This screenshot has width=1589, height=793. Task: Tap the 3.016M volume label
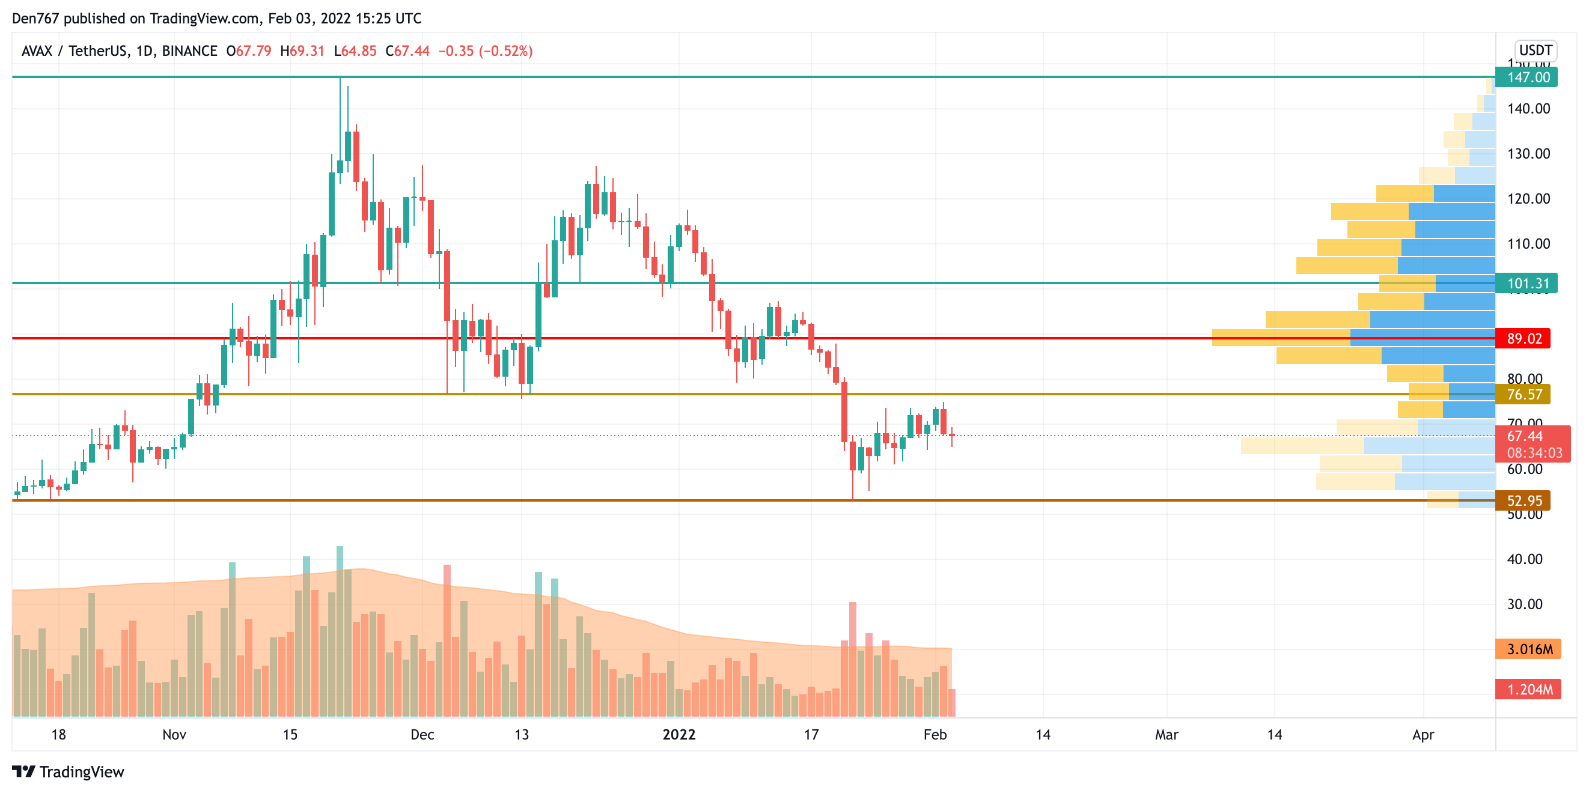point(1528,649)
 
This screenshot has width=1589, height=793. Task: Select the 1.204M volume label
point(1528,689)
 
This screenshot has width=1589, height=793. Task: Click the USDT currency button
point(1535,50)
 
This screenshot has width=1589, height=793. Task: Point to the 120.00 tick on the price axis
point(1528,199)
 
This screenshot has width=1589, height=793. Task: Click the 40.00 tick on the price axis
point(1524,559)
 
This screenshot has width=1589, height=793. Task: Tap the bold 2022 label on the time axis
point(679,734)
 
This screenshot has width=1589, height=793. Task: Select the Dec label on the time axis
point(422,734)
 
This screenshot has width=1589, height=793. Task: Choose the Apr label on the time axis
point(1423,734)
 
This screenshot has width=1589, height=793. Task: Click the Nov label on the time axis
point(174,734)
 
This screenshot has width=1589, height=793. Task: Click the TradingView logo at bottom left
point(68,771)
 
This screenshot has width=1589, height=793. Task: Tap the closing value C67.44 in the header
point(407,50)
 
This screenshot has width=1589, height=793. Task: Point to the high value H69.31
point(302,50)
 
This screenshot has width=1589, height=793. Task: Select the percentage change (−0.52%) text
point(507,50)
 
